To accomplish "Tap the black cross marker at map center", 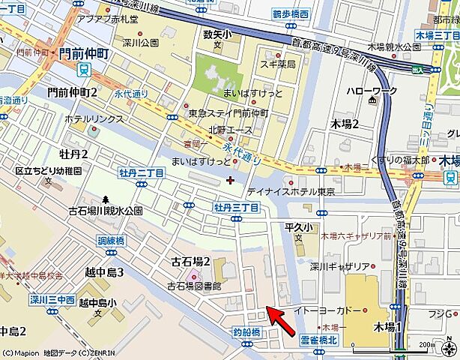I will click(x=229, y=179).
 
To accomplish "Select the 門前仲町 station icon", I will click(x=83, y=70).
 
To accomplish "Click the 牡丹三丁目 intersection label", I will click(x=235, y=206).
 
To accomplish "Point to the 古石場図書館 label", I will click(x=194, y=286).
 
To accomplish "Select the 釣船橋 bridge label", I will click(x=246, y=331).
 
